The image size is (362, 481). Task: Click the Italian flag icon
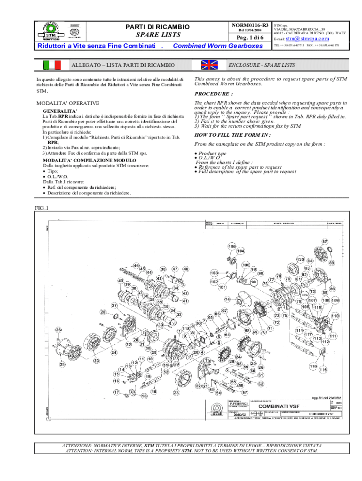point(52,65)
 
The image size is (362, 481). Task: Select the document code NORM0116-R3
point(250,24)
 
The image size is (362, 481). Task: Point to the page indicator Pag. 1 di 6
point(250,38)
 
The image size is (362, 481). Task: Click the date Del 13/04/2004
point(250,31)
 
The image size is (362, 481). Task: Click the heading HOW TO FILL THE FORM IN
point(226,134)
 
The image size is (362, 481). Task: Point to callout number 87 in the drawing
point(325,241)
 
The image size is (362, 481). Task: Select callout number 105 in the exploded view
point(232,246)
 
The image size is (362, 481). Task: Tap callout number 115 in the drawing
point(323,370)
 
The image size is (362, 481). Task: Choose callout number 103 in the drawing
point(215,273)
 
